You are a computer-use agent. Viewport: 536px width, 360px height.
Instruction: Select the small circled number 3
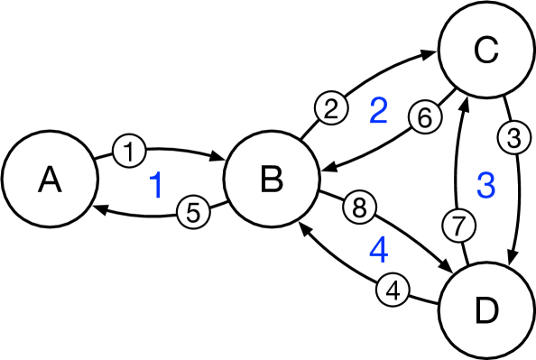coord(513,140)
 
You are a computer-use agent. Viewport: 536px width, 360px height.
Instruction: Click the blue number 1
coord(156,185)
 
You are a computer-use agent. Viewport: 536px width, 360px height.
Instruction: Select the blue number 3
coord(485,186)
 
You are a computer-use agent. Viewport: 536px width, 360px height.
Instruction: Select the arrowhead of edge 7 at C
coord(463,101)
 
